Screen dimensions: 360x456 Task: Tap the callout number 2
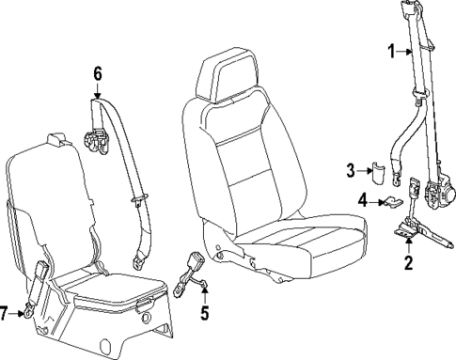tap(407, 262)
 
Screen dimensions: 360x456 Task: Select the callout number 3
tap(349, 170)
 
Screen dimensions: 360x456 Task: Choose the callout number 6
tap(98, 71)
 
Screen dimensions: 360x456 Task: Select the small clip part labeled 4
tap(391, 200)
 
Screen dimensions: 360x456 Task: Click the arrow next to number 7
tap(21, 313)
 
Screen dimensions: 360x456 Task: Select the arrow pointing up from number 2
tap(407, 244)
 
